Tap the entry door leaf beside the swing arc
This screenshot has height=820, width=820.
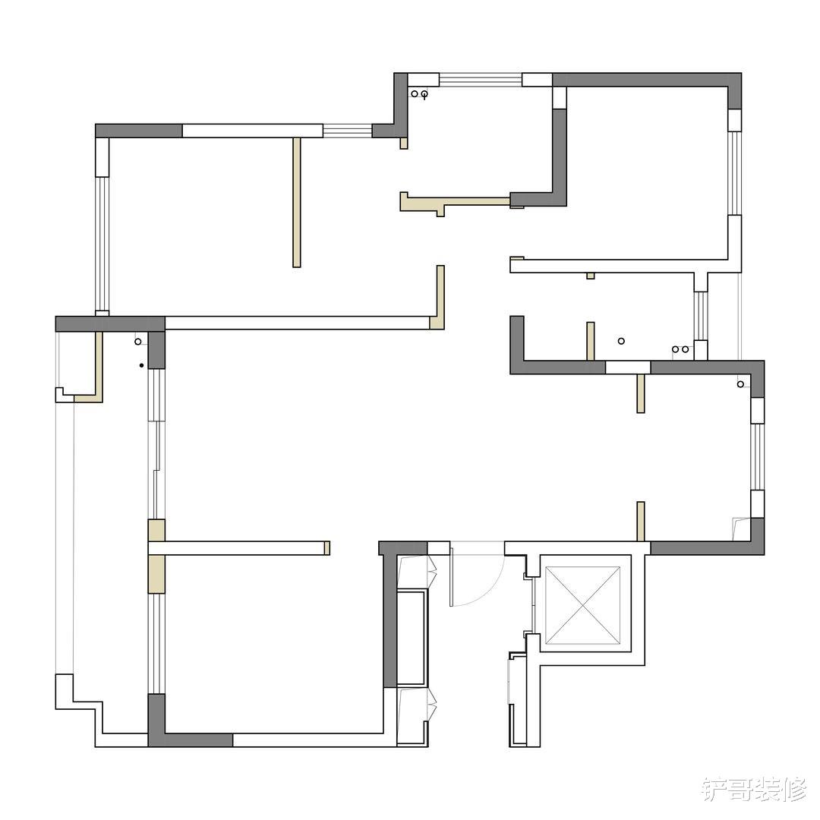coord(451,574)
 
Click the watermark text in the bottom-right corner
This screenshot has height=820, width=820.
coord(753,789)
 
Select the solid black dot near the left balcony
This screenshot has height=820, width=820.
coord(141,366)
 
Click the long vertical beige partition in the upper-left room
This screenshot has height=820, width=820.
coord(297,202)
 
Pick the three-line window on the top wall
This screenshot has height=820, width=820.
coord(480,80)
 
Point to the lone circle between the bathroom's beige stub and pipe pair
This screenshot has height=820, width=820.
coord(621,342)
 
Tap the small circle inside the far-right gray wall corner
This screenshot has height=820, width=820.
coord(740,384)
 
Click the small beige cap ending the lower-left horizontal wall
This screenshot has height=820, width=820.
coord(326,548)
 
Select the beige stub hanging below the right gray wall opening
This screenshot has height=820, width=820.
coord(641,393)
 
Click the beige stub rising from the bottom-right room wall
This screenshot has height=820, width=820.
coord(641,521)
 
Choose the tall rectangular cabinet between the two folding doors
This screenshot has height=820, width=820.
coord(414,638)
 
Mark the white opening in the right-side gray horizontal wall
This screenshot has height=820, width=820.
coord(627,367)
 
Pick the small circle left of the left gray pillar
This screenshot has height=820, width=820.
coord(138,342)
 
